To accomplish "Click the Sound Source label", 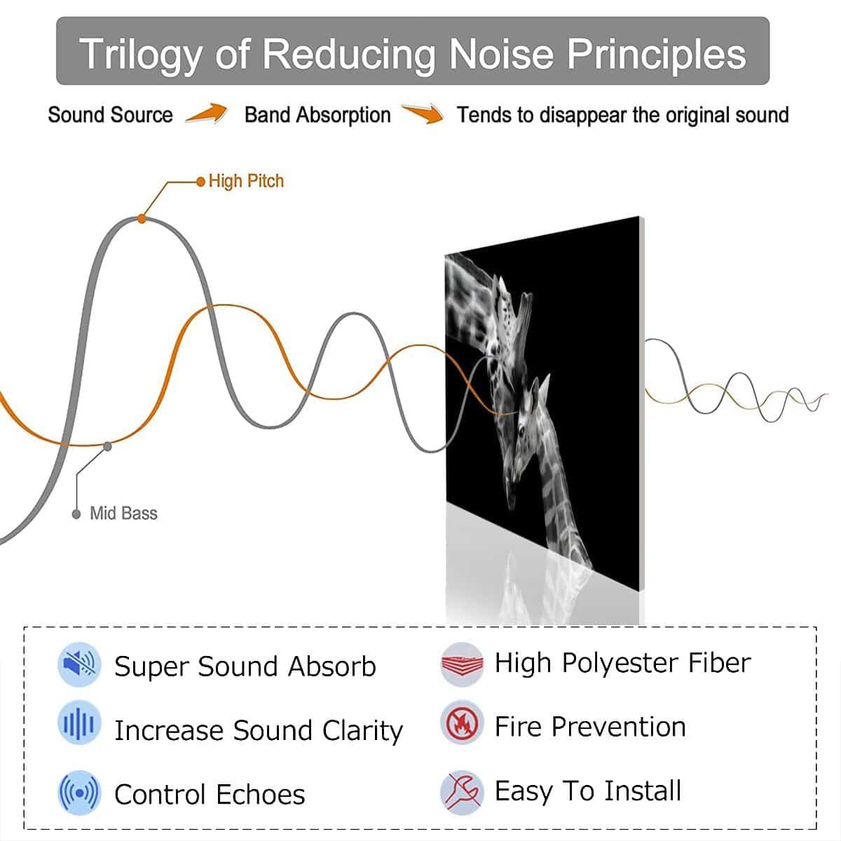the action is pos(111,115).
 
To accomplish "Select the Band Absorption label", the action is pos(317,116).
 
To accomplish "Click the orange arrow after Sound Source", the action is pos(207,113).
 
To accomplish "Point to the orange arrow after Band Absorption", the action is pos(423,113).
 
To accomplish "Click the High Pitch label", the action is pos(246,181).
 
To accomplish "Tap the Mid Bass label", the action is pos(123,513).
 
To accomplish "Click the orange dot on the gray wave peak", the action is pos(142,219).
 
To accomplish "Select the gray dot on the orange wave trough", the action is pos(107,446).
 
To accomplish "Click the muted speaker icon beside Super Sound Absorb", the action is pos(79,664).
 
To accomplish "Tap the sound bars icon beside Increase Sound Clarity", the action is pos(79,723).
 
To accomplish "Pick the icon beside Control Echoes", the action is pos(79,793).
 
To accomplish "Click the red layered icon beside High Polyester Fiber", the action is pos(462,664).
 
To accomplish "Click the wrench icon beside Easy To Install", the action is pos(462,793).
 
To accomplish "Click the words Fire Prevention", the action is pos(590,727).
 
